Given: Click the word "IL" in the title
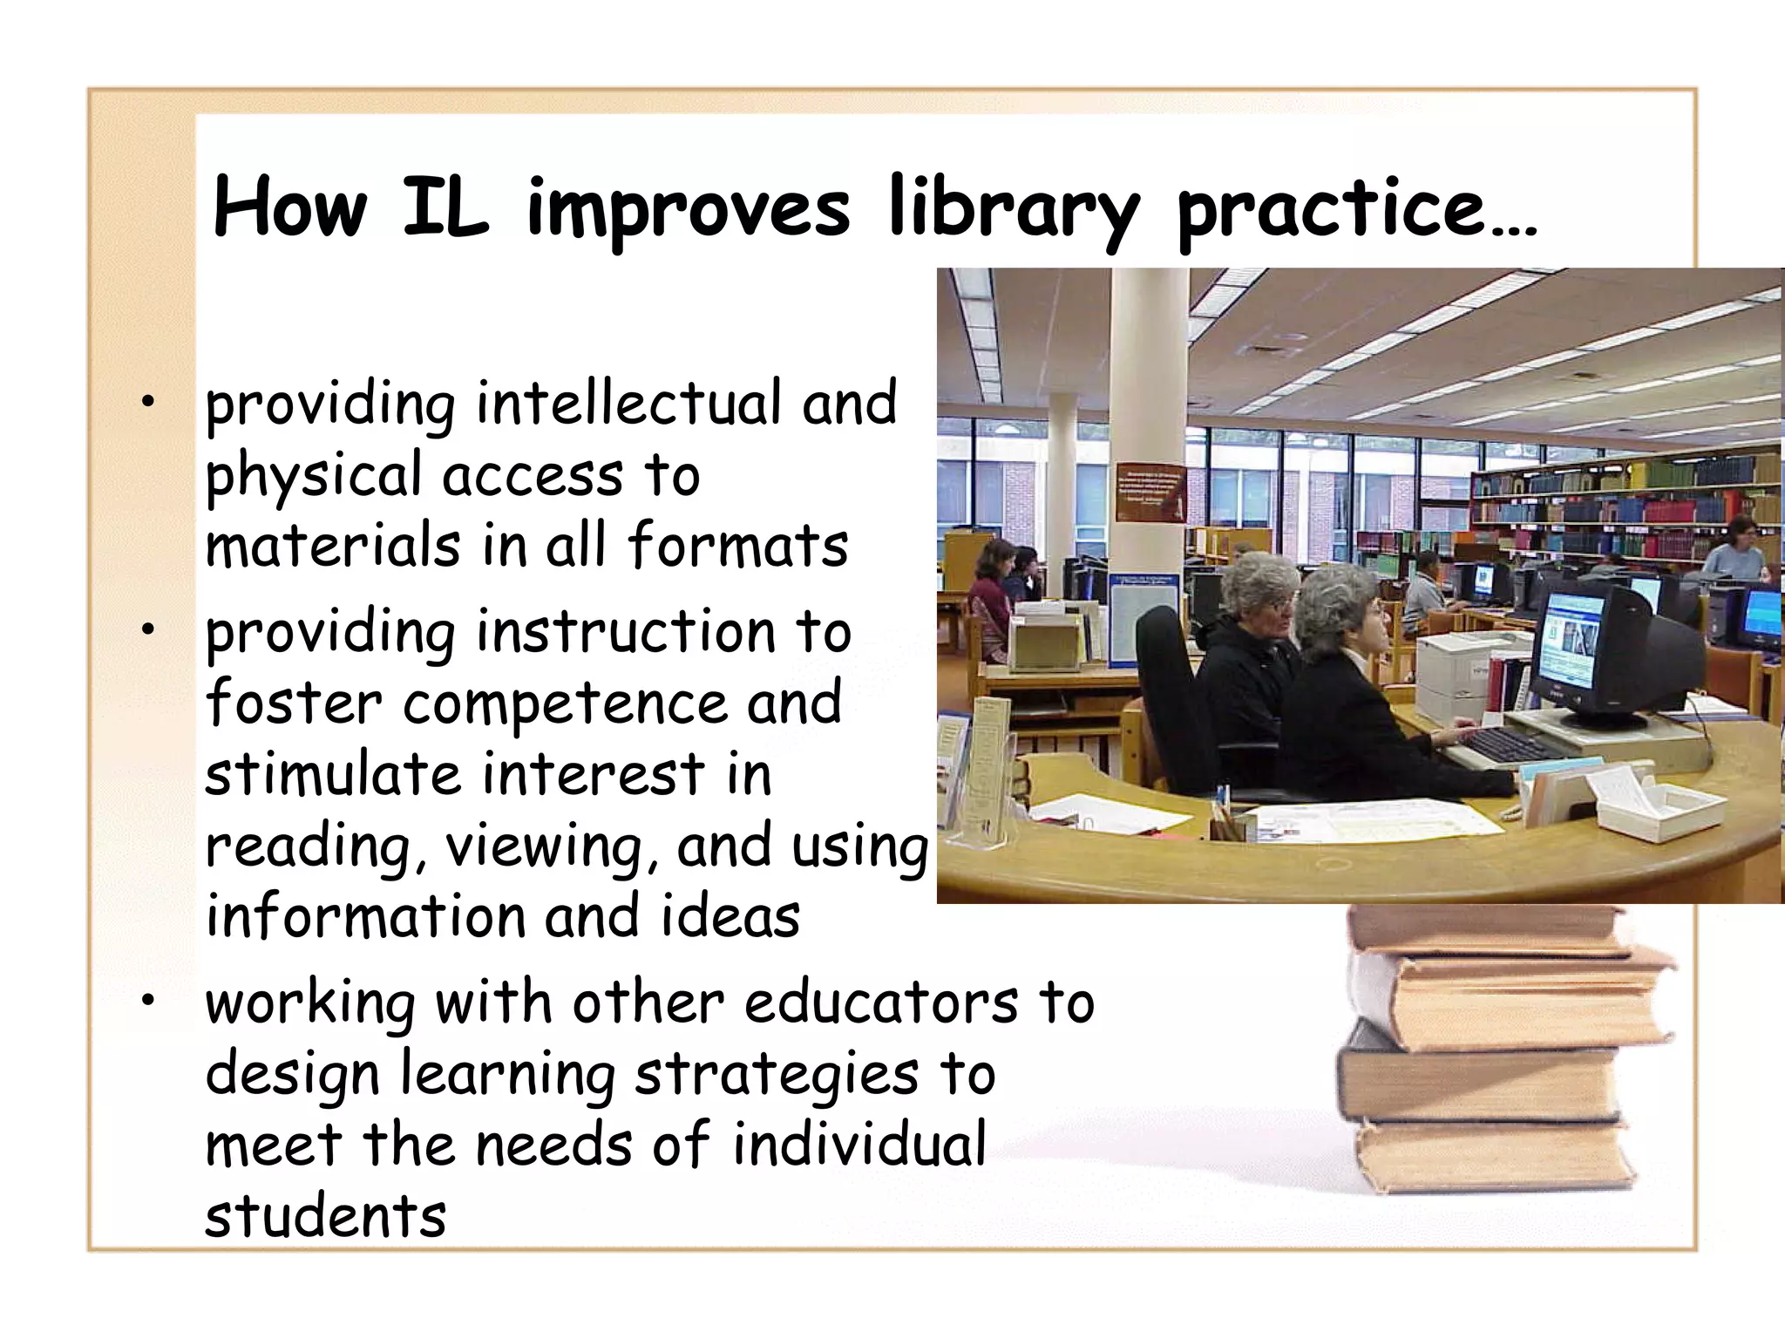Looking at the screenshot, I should pos(445,209).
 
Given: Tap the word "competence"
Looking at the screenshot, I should pos(565,703).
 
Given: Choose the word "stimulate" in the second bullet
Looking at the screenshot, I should pos(331,774).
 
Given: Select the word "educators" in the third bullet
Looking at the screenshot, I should pos(880,1003).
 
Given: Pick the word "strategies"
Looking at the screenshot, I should pos(776,1075).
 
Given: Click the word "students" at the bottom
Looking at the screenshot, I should pos(325,1215).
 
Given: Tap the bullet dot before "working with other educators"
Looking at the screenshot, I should pos(150,1002).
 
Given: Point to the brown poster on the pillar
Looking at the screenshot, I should pos(1150,493).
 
